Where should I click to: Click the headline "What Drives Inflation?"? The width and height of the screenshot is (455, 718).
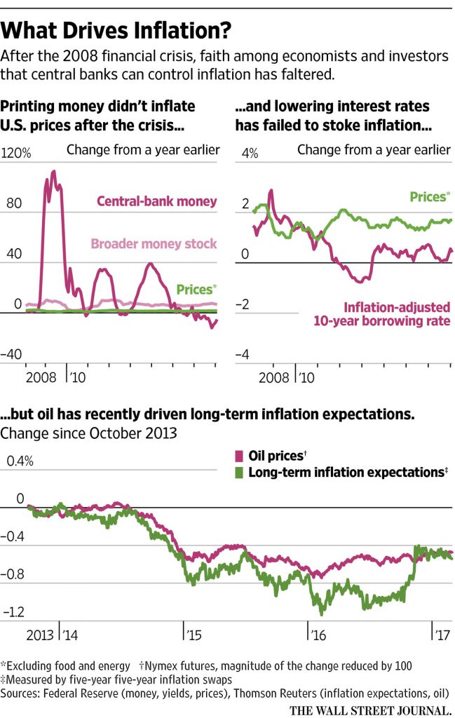(x=116, y=32)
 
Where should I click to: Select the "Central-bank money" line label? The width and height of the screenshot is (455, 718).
(x=156, y=202)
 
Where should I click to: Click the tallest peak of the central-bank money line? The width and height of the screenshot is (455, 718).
(x=53, y=171)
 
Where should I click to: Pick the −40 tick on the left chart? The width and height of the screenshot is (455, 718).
(x=15, y=355)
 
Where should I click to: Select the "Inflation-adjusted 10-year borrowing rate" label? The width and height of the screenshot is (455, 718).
(x=397, y=313)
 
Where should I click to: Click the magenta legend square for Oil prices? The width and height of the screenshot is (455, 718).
(x=238, y=456)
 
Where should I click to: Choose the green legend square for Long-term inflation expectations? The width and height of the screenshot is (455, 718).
(x=238, y=472)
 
